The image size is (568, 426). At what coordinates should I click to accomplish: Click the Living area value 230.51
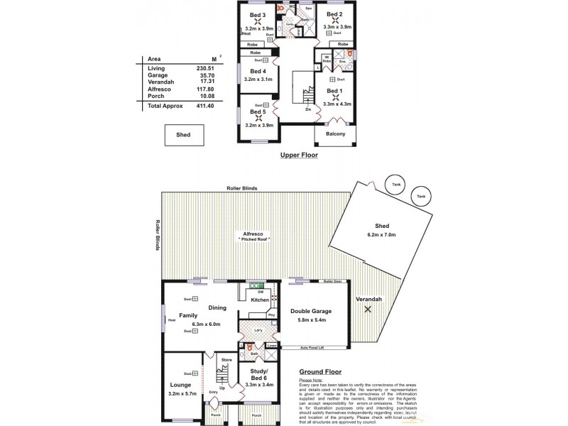pyautogui.click(x=204, y=68)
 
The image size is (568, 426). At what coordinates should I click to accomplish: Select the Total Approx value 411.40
pyautogui.click(x=204, y=105)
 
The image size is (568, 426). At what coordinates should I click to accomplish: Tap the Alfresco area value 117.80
pyautogui.click(x=204, y=89)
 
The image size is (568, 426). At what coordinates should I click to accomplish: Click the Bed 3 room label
pyautogui.click(x=258, y=14)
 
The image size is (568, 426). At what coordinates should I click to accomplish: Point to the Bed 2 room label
pyautogui.click(x=335, y=14)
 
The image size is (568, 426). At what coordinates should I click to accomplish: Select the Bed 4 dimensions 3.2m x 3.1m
pyautogui.click(x=258, y=79)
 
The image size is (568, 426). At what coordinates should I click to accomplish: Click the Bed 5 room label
pyautogui.click(x=258, y=111)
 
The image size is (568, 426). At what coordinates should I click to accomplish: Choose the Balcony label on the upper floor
pyautogui.click(x=335, y=134)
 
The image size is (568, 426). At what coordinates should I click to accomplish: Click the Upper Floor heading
pyautogui.click(x=299, y=154)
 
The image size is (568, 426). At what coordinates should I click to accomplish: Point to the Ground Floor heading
pyautogui.click(x=321, y=371)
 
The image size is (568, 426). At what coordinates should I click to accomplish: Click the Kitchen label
pyautogui.click(x=260, y=300)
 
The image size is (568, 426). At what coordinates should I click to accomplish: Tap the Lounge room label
pyautogui.click(x=179, y=384)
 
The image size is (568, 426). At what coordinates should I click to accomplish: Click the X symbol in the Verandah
pyautogui.click(x=368, y=310)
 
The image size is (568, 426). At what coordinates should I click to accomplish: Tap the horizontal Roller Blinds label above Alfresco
pyautogui.click(x=243, y=188)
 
